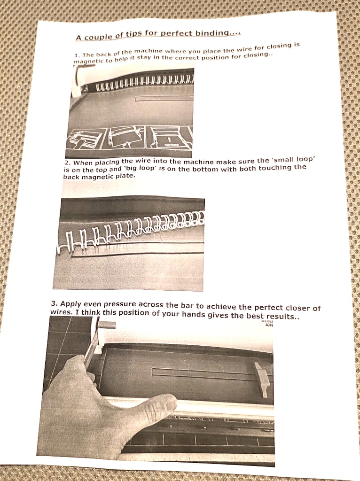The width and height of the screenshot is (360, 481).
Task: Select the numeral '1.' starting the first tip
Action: pyautogui.click(x=77, y=55)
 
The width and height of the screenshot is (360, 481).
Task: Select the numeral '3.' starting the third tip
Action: pyautogui.click(x=55, y=304)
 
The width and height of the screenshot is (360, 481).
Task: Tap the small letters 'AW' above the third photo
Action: pyautogui.click(x=269, y=325)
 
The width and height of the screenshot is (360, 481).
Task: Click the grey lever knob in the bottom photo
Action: pyautogui.click(x=107, y=325)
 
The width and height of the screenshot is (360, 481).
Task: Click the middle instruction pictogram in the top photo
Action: pyautogui.click(x=125, y=137)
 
